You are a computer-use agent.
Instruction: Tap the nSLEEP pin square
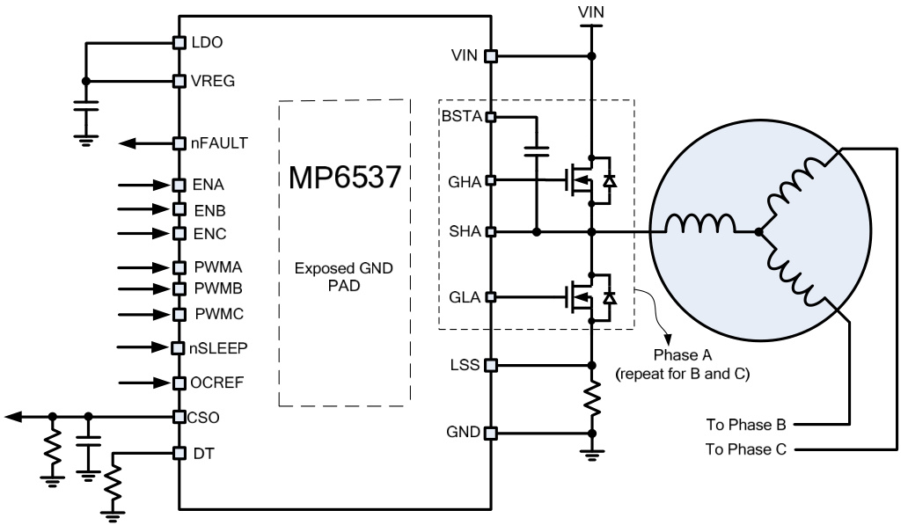tap(179, 348)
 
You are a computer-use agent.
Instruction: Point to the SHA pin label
tap(465, 232)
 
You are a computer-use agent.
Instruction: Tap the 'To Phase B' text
tap(745, 424)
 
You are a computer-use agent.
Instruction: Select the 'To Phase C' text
tap(745, 449)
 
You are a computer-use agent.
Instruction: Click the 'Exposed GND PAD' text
tap(343, 277)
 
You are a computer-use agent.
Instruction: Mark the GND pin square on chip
tap(491, 433)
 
